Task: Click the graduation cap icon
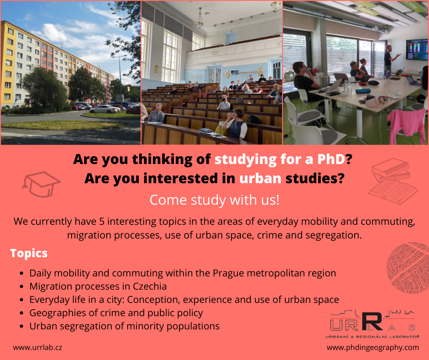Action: coord(41,184)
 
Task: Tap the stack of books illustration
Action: coord(393,181)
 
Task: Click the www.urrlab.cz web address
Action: coord(37,347)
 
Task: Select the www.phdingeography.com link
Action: coord(373,347)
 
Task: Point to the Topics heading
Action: coord(29,254)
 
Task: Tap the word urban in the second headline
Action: coord(260,178)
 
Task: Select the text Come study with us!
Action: coord(214,200)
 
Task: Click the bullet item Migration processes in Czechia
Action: coord(98,286)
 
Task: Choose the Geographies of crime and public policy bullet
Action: coord(116,313)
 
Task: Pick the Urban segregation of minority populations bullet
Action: coord(125,326)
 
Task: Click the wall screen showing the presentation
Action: coord(417,49)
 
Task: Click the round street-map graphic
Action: coord(408,268)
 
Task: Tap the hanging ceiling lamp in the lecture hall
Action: coord(200,18)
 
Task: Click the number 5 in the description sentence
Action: coord(102,222)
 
